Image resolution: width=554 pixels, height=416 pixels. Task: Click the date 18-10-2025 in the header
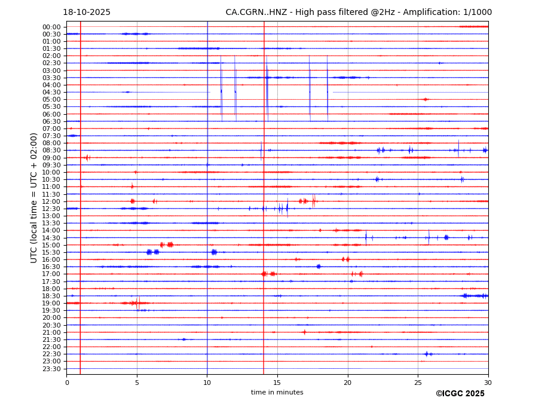87,13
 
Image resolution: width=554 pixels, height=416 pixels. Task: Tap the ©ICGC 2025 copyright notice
460,394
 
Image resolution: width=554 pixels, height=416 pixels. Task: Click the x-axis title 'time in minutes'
277,393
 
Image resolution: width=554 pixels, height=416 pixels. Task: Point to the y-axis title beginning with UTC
35,197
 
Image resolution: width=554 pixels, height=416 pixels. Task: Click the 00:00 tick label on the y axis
51,27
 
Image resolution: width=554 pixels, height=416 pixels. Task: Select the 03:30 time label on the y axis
51,78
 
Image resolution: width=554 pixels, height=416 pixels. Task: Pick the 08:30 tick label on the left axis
51,151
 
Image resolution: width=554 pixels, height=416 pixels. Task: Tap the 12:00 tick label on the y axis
51,201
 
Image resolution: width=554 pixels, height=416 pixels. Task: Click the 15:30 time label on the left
51,252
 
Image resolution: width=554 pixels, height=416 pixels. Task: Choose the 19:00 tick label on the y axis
51,303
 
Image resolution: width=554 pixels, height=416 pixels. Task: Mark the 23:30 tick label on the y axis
51,369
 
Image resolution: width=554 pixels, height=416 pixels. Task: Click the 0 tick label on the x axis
67,383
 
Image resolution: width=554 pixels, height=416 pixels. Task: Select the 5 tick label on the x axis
137,383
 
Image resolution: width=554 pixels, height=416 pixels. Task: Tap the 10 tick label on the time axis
207,383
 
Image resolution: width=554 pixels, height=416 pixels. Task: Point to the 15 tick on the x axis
277,383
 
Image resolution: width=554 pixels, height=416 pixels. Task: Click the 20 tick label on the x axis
348,383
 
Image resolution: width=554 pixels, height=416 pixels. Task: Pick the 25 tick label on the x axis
418,383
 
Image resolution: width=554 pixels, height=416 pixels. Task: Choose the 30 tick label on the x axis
488,383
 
